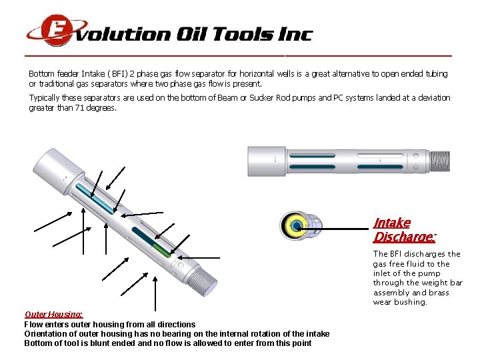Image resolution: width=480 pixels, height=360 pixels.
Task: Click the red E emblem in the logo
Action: point(57,30)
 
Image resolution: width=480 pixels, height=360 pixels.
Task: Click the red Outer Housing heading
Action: point(53,315)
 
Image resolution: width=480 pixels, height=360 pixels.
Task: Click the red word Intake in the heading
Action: point(392,223)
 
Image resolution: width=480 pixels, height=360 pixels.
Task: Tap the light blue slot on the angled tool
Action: point(95,199)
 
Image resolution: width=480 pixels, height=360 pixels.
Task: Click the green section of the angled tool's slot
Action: point(161,249)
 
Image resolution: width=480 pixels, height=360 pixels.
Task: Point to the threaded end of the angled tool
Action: point(202,281)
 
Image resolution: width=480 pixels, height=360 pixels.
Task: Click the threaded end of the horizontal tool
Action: point(440,161)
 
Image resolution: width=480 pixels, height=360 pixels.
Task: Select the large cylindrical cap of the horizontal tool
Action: point(266,161)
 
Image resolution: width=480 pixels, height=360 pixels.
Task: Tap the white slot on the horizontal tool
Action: point(380,156)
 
